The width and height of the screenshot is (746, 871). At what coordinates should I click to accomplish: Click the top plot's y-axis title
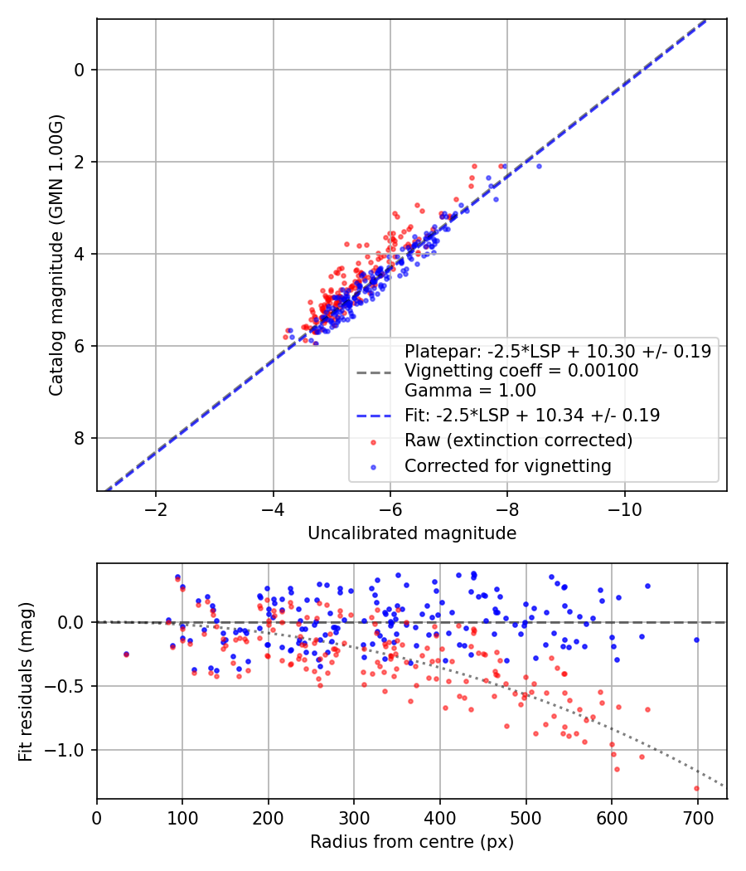point(56,255)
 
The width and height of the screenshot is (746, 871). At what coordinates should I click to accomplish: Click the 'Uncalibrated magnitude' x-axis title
point(412,533)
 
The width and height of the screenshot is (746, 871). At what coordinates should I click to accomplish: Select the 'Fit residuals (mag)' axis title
point(26,681)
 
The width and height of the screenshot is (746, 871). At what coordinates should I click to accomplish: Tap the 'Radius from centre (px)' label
point(412,842)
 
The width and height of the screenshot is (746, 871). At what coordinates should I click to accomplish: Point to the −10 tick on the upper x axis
point(625,508)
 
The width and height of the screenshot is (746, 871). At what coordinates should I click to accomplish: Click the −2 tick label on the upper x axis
point(156,508)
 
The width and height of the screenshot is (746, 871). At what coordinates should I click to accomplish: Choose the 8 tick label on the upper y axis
point(80,438)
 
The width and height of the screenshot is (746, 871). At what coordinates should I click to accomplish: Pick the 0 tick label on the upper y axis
point(80,70)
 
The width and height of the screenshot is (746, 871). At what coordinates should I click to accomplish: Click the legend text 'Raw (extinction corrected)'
point(518,440)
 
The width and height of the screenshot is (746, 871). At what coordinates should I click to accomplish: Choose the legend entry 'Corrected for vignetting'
point(507,466)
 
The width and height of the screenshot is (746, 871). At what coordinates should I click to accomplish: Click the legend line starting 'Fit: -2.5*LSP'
point(532,416)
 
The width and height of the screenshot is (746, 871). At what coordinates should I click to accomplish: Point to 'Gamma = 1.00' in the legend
point(470,391)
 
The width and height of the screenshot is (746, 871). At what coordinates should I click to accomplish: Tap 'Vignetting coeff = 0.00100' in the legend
point(521,371)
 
